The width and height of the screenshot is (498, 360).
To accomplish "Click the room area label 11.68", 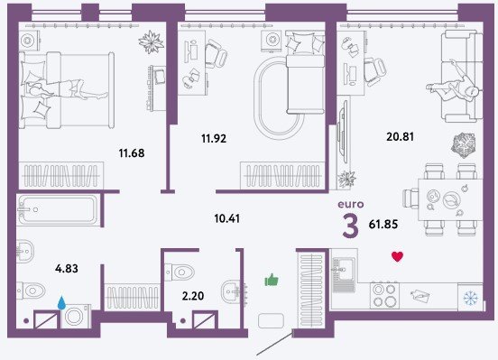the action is pos(132,153).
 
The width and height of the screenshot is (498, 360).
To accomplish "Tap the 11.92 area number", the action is pos(214,139).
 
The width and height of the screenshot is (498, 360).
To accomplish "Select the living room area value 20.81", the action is pos(401,136).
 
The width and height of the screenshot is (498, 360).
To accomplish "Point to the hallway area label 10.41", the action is pos(227,218).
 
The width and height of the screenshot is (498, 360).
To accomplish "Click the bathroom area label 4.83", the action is pos(67,269).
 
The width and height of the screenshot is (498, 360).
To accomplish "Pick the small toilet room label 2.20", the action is pos(193,296).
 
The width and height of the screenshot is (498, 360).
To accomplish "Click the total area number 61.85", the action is pos(383,225).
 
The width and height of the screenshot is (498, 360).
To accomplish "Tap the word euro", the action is pos(351,204).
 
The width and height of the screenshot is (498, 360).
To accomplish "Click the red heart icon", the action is pos(397,256).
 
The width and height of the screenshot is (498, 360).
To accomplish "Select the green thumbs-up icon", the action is pos(272,280).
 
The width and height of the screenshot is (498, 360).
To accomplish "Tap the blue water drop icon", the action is pos(61,302).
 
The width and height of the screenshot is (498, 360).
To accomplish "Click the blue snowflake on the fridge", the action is pos(470,299).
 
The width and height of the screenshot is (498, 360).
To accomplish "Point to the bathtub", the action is pos(58,210).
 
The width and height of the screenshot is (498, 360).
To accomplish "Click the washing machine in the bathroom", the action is pos(76,316).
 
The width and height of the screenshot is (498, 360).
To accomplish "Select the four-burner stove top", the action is pos(384,295).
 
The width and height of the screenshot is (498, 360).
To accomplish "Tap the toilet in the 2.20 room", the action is pos(180,272).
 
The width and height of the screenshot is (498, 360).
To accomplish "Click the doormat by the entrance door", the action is pos(271,320).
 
